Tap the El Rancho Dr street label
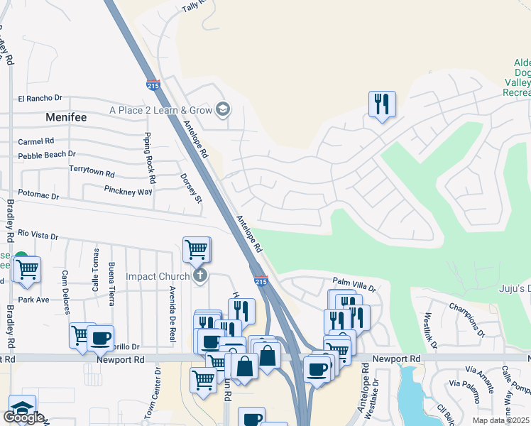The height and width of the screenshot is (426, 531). click(40, 98)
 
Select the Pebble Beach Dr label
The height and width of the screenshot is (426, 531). click(47, 154)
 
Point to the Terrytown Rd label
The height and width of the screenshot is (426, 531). click(92, 171)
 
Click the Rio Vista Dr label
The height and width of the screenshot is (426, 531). click(38, 234)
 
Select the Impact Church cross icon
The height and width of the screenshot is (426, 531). click(201, 275)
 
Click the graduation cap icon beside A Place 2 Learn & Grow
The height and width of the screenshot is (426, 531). click(223, 109)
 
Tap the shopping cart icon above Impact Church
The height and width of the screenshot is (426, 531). click(196, 249)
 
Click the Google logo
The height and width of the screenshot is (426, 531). click(23, 417)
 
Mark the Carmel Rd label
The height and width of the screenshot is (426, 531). click(36, 141)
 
